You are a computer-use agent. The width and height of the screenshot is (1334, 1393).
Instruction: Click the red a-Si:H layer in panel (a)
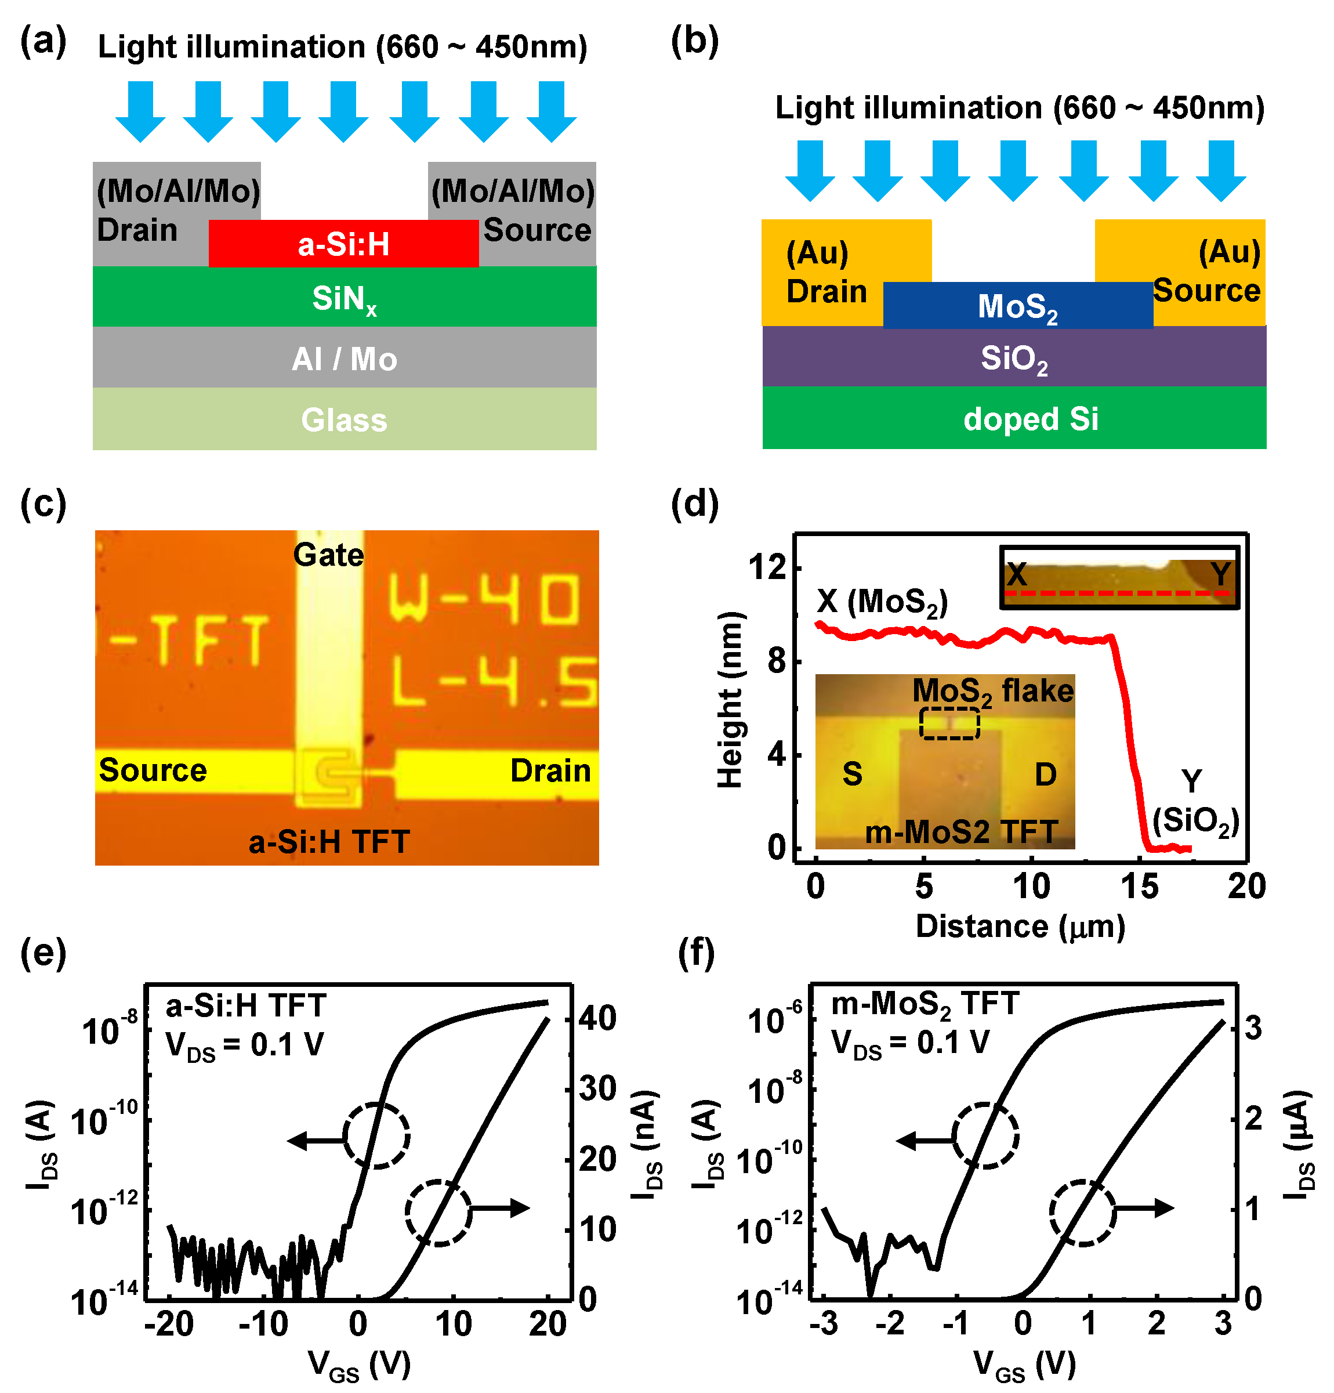343,244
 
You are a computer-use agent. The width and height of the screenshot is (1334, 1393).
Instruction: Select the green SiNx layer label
344,298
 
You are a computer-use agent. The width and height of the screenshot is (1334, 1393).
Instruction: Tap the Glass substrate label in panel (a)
344,419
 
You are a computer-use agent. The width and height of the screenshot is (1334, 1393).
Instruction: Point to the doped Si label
1030,419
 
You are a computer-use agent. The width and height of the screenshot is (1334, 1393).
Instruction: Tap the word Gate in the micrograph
328,555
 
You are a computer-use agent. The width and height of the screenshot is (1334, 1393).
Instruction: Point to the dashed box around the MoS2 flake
949,723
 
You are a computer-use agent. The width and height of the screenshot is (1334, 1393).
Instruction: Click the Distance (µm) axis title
1020,926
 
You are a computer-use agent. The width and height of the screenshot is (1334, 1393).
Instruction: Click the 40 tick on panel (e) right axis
597,1018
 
